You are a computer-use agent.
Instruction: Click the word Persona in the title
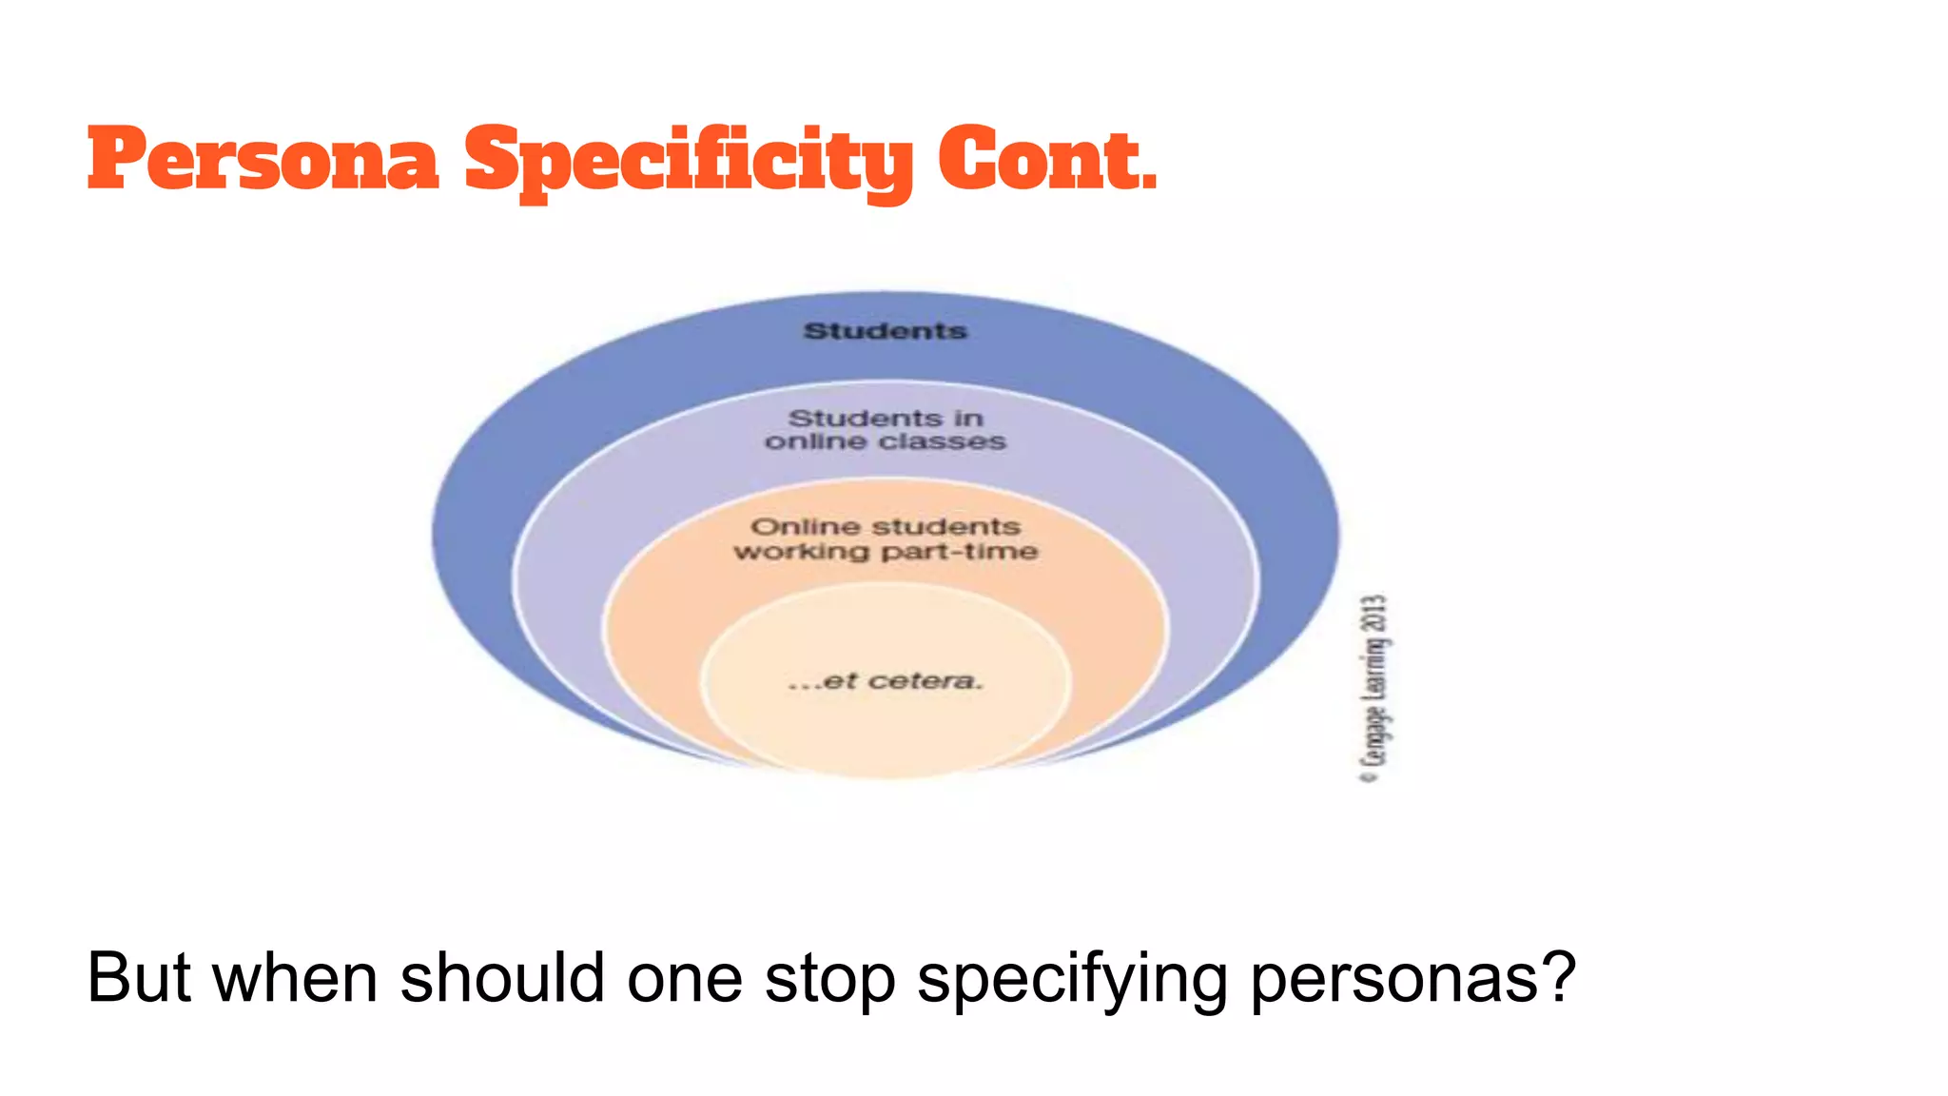point(263,159)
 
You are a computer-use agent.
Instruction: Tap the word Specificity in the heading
point(689,162)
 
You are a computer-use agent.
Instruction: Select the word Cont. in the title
point(1047,159)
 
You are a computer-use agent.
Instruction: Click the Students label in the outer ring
point(885,331)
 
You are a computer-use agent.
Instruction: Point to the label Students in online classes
point(886,430)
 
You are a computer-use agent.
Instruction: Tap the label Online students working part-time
point(886,538)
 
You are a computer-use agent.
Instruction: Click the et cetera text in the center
point(886,681)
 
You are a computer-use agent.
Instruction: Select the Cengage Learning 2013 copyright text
point(1374,688)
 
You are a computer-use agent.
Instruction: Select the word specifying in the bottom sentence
point(1072,980)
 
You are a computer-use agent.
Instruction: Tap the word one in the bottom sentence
point(685,980)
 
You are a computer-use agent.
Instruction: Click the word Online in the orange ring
point(804,526)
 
